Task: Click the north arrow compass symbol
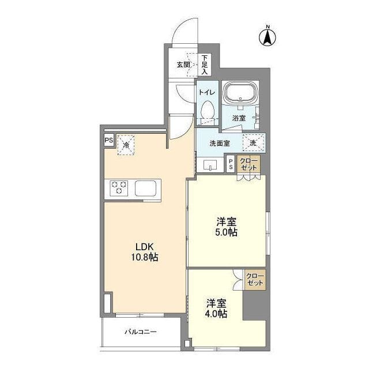pyautogui.click(x=268, y=37)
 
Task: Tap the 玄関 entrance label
pyautogui.click(x=183, y=65)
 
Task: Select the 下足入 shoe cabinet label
pyautogui.click(x=205, y=65)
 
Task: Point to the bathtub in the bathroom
pyautogui.click(x=240, y=92)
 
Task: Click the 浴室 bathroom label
pyautogui.click(x=239, y=118)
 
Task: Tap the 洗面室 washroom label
pyautogui.click(x=220, y=144)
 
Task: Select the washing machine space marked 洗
pyautogui.click(x=254, y=142)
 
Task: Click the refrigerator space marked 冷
pyautogui.click(x=126, y=145)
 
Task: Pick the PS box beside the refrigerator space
pyautogui.click(x=109, y=140)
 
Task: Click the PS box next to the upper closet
pyautogui.click(x=231, y=164)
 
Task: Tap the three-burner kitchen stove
pyautogui.click(x=119, y=188)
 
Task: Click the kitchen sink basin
pyautogui.click(x=145, y=188)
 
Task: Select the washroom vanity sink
pyautogui.click(x=210, y=165)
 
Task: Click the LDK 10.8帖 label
pyautogui.click(x=145, y=252)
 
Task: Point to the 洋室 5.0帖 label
pyautogui.click(x=227, y=227)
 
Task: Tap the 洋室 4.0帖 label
pyautogui.click(x=217, y=308)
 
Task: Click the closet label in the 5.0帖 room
pyautogui.click(x=248, y=164)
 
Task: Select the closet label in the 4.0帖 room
pyautogui.click(x=255, y=279)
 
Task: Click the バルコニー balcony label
pyautogui.click(x=141, y=332)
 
